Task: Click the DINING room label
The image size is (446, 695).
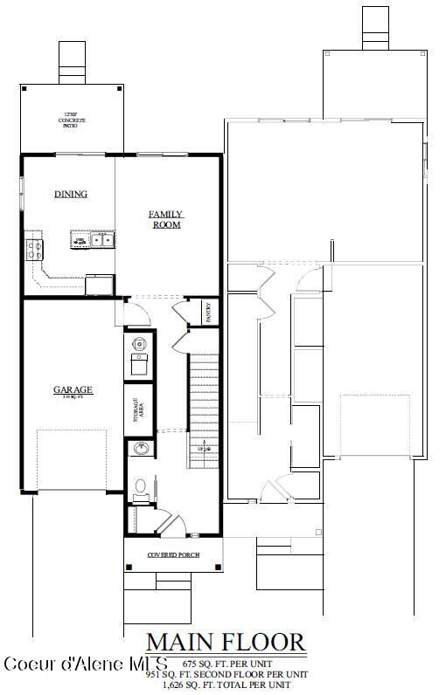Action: click(x=70, y=194)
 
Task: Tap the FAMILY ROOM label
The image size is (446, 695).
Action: click(x=164, y=219)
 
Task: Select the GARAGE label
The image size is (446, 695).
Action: click(x=73, y=390)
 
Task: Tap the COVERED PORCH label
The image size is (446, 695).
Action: click(x=172, y=555)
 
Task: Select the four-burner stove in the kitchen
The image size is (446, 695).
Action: click(x=35, y=249)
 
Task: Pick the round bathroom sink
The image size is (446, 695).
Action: click(x=140, y=450)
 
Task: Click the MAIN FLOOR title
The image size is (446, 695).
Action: click(x=226, y=643)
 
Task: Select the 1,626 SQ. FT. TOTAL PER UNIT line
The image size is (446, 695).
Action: click(x=226, y=686)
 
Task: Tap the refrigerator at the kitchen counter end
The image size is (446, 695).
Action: click(x=98, y=285)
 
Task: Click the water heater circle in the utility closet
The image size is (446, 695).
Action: click(x=139, y=344)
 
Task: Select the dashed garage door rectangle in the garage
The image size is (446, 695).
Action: click(x=73, y=460)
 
